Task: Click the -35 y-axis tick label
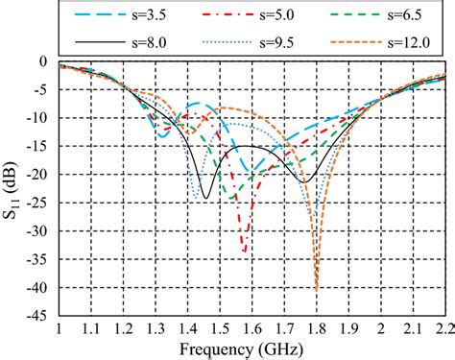pyautogui.click(x=36, y=259)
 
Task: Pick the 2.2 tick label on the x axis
pyautogui.click(x=443, y=329)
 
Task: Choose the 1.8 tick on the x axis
pyautogui.click(x=316, y=329)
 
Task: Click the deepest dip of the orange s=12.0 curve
pyautogui.click(x=316, y=289)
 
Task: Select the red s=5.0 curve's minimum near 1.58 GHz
pyautogui.click(x=245, y=252)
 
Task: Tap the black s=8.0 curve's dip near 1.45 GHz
pyautogui.click(x=204, y=198)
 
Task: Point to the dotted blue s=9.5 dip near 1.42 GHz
pyautogui.click(x=196, y=199)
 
